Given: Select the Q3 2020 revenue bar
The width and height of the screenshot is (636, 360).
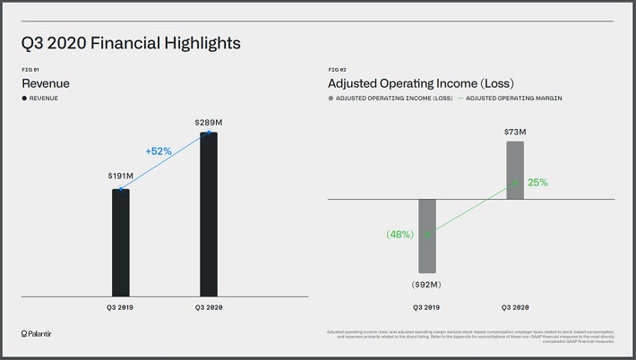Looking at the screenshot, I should click(208, 215).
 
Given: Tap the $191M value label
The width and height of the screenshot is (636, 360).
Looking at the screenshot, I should click(120, 176).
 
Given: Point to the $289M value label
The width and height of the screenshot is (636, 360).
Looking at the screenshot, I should click(208, 121).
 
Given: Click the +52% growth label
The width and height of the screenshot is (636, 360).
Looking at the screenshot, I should click(159, 150).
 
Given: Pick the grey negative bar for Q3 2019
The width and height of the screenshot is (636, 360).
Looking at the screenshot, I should click(426, 235).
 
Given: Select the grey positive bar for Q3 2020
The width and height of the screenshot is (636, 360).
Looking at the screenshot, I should click(514, 169).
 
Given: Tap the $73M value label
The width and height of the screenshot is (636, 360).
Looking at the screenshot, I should click(514, 132).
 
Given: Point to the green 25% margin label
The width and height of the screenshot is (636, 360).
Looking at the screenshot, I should click(537, 182).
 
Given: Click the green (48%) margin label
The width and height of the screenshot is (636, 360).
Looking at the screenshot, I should click(400, 235).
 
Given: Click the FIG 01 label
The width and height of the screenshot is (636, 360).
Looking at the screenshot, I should click(30, 69).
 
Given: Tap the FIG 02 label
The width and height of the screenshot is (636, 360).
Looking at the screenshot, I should click(337, 69).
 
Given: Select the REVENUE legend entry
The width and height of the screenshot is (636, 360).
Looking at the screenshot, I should click(40, 98).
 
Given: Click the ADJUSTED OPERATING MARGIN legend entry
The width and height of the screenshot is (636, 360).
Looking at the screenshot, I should click(513, 98).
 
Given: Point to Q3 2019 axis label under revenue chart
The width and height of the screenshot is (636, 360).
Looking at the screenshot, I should click(121, 307).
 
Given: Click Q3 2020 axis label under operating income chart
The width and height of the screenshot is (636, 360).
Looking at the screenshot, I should click(514, 307).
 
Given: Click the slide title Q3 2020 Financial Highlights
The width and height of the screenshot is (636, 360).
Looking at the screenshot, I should click(132, 42).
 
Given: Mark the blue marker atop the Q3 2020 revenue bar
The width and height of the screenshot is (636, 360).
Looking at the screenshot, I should click(209, 133).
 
